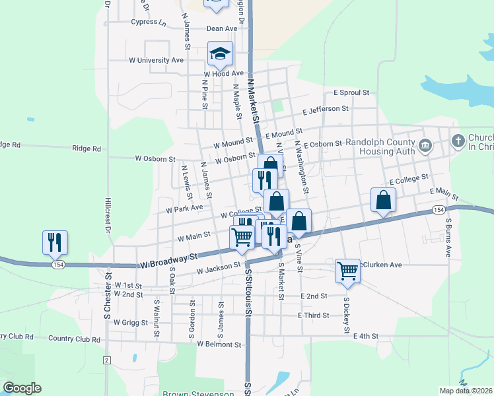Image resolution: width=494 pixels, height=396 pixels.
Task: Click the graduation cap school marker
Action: (220, 55)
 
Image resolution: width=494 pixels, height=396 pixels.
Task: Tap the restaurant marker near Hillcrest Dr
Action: (55, 242)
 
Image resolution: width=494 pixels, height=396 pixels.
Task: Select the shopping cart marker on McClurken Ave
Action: (347, 270)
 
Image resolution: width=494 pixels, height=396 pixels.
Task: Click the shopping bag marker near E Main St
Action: (383, 200)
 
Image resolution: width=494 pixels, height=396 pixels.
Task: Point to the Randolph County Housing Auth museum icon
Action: (425, 144)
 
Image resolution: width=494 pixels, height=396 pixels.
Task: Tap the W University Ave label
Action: (156, 60)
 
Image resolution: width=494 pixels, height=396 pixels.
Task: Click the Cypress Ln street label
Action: (149, 22)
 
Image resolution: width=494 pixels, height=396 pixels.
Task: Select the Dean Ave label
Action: (221, 28)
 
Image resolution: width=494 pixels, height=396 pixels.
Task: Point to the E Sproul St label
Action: (351, 93)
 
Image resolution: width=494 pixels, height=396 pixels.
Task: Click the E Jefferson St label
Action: (325, 109)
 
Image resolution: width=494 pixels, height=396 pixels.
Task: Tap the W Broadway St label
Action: (169, 260)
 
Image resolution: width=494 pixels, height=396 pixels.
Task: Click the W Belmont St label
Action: (219, 345)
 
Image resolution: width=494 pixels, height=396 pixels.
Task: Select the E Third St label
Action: (313, 315)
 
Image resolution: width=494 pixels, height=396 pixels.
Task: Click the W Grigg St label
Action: (135, 323)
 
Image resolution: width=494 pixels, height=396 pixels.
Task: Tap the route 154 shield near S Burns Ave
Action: (439, 209)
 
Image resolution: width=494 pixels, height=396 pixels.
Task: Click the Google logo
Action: (22, 388)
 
